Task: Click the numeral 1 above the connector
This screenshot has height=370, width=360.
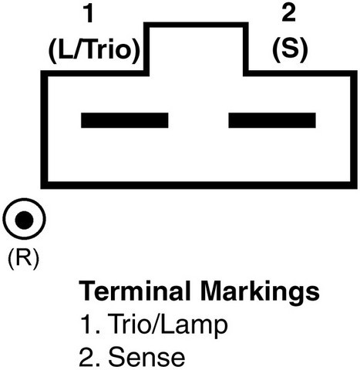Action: click(89, 14)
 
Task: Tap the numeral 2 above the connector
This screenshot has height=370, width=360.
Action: click(288, 13)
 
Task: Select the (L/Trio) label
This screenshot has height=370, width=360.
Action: click(94, 51)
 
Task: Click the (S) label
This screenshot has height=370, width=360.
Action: click(290, 50)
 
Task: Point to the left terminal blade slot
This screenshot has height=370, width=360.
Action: click(125, 120)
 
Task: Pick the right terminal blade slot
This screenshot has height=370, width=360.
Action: click(272, 120)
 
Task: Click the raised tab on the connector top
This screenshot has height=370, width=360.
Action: click(196, 25)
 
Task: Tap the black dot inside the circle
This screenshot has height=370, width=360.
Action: click(24, 220)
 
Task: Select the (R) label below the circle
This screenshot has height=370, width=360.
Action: click(24, 259)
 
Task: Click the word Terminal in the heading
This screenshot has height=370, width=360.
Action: click(135, 291)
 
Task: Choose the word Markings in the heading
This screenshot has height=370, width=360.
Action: click(260, 292)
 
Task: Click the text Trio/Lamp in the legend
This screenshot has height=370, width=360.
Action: click(167, 325)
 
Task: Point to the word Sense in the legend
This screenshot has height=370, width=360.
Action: click(146, 357)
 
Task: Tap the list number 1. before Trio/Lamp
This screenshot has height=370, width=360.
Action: click(90, 325)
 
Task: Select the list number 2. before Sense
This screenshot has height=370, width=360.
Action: click(89, 357)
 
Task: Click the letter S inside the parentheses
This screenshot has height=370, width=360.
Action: click(290, 49)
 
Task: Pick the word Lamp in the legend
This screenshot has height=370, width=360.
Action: click(195, 325)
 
